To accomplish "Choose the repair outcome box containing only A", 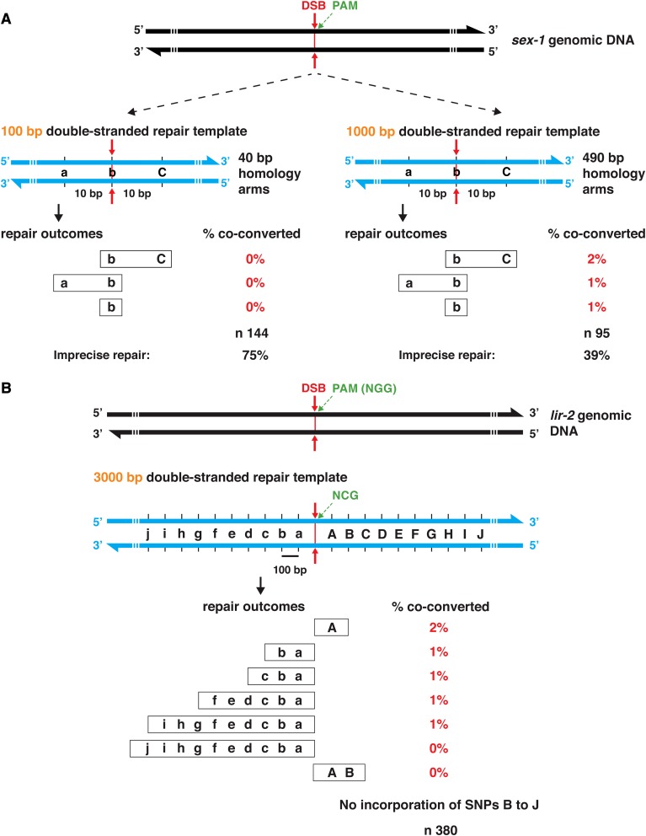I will coord(331,628).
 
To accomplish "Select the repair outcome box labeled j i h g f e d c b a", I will coord(222,748).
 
